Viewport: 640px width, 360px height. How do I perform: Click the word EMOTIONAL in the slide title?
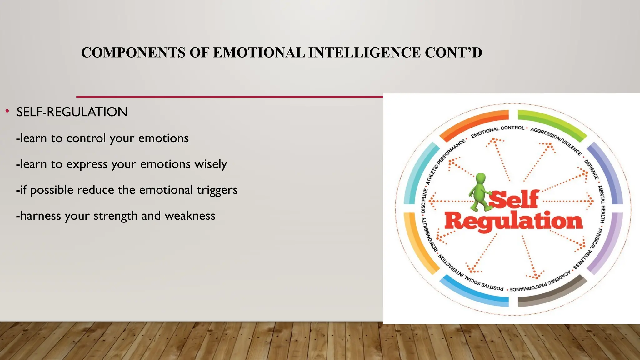pyautogui.click(x=259, y=52)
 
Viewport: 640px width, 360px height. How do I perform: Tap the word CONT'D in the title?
pyautogui.click(x=453, y=52)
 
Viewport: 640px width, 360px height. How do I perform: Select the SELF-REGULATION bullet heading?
pyautogui.click(x=72, y=112)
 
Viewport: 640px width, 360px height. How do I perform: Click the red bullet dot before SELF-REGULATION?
pyautogui.click(x=7, y=111)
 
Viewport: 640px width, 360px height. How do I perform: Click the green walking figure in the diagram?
pyautogui.click(x=480, y=192)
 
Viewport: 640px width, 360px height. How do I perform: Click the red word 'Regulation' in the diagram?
pyautogui.click(x=513, y=221)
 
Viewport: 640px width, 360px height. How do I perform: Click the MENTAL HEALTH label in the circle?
pyautogui.click(x=602, y=204)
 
